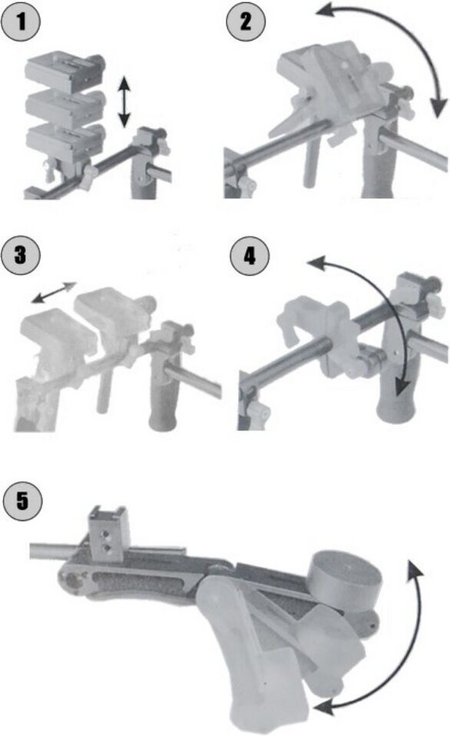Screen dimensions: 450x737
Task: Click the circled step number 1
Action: tap(21, 22)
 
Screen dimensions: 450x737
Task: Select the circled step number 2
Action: tap(246, 21)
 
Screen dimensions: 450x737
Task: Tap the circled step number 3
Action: tap(21, 256)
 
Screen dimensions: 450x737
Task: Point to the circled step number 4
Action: tap(250, 256)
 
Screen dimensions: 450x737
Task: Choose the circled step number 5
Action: tap(22, 501)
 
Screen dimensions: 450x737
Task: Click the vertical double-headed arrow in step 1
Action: tap(124, 102)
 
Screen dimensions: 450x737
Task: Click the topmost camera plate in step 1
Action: tap(65, 72)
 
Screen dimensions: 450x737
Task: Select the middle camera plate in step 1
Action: tap(65, 107)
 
